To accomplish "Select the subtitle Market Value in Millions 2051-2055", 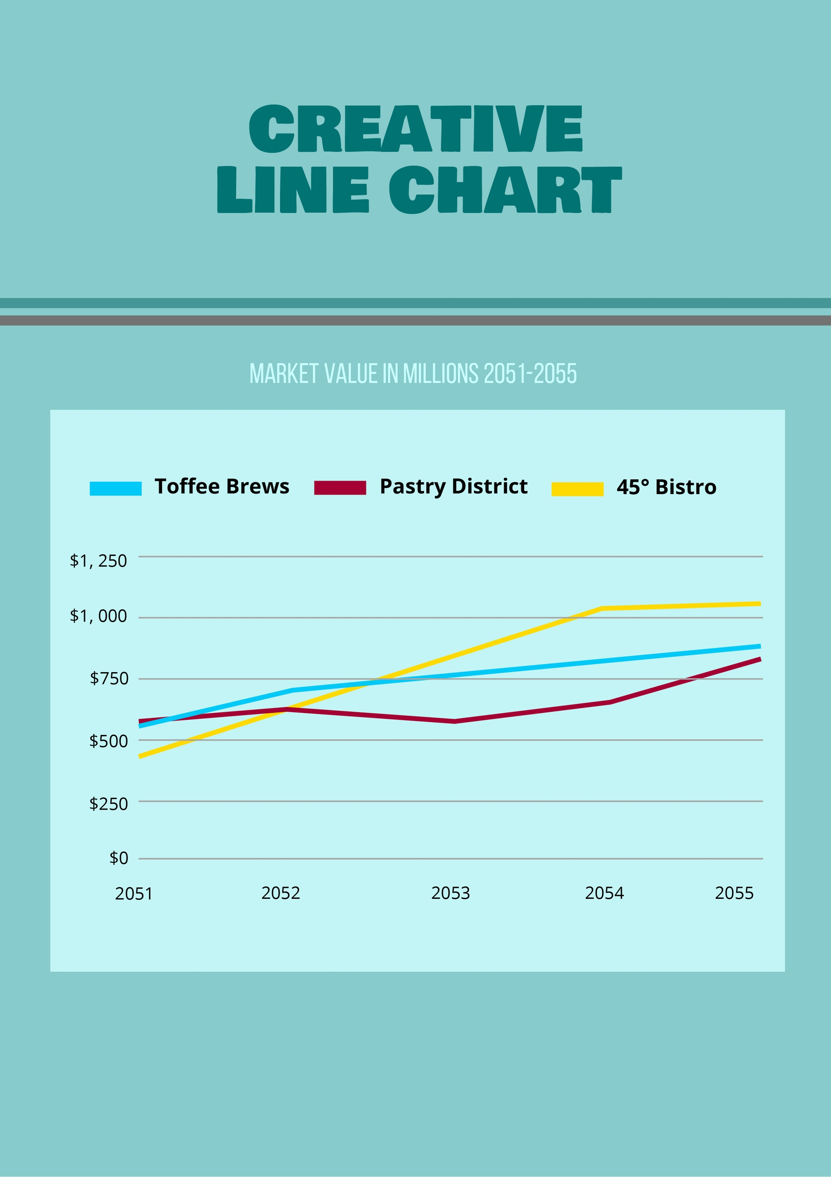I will pyautogui.click(x=413, y=374).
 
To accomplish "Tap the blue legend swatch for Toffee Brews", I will pyautogui.click(x=115, y=488).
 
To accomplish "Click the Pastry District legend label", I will pyautogui.click(x=453, y=486).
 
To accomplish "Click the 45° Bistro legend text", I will pyautogui.click(x=666, y=487).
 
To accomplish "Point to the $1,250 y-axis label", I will pyautogui.click(x=98, y=561).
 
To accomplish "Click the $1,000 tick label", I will pyautogui.click(x=98, y=616).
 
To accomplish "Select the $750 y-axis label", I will pyautogui.click(x=109, y=678).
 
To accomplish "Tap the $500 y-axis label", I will pyautogui.click(x=109, y=741).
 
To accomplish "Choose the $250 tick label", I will pyautogui.click(x=109, y=803).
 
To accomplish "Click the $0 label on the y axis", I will pyautogui.click(x=119, y=858).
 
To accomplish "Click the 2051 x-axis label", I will pyautogui.click(x=134, y=894).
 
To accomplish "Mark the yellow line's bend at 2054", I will pyautogui.click(x=603, y=608).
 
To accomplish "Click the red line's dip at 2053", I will pyautogui.click(x=454, y=721).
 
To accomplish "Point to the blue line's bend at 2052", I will pyautogui.click(x=292, y=691).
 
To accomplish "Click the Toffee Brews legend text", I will pyautogui.click(x=222, y=486).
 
